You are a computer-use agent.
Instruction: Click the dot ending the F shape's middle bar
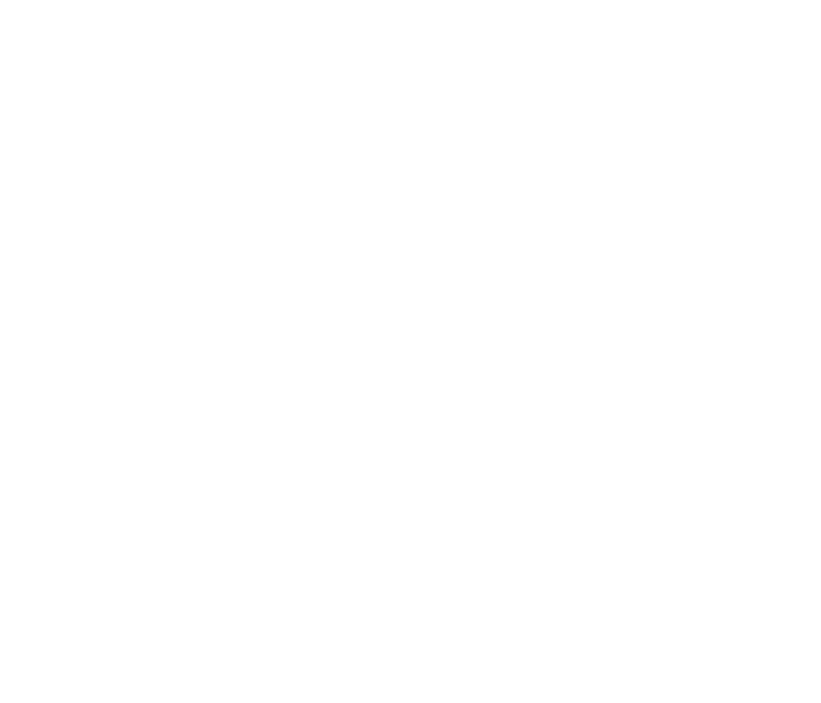(x=346, y=212)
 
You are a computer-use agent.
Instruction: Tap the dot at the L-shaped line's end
(x=777, y=280)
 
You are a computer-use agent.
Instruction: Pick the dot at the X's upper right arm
(x=777, y=383)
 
